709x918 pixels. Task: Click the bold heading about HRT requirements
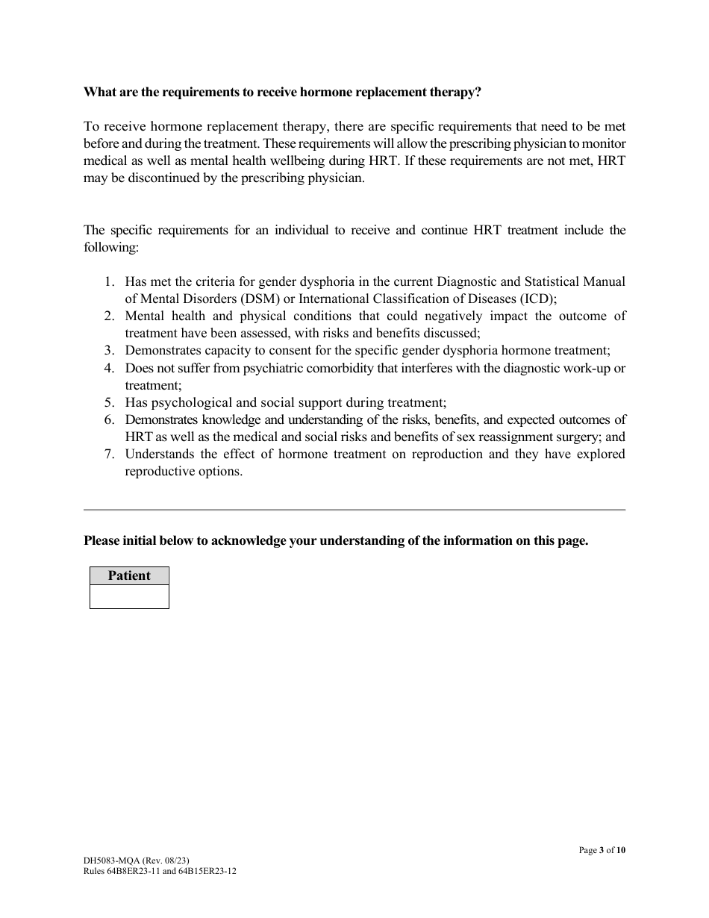(282, 93)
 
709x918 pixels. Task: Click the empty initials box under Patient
(129, 596)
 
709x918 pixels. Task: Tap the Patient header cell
(129, 575)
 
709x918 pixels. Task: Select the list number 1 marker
(109, 281)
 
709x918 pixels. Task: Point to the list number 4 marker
(109, 368)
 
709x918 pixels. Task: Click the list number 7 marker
(109, 454)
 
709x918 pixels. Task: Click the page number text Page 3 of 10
(602, 850)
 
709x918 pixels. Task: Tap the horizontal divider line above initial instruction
(354, 510)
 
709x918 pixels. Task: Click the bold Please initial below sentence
(336, 541)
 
